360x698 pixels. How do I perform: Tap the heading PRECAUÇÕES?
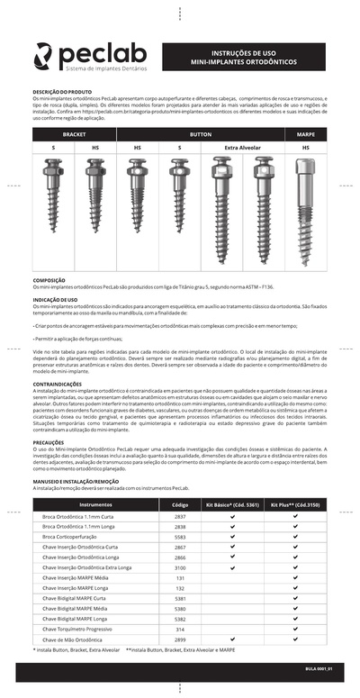point(49,442)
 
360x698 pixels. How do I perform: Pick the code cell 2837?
point(180,517)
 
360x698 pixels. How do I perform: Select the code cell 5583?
point(180,536)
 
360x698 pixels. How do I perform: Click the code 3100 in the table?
point(180,568)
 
